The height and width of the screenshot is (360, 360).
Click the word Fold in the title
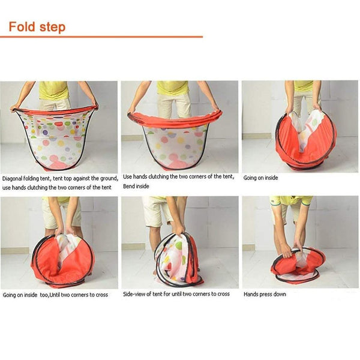tap(22, 26)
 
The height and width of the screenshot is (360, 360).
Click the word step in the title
tap(53, 28)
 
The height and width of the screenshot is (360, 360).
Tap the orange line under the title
tap(101, 37)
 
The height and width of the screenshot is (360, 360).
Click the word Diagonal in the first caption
tap(12, 178)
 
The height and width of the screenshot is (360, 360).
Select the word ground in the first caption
tap(109, 178)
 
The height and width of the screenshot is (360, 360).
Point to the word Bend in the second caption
tap(128, 186)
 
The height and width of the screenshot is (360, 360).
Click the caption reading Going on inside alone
tap(260, 178)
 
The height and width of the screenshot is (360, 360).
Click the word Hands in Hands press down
tap(250, 294)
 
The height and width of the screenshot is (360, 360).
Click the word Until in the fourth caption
tap(55, 295)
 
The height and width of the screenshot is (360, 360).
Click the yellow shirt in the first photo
tap(54, 90)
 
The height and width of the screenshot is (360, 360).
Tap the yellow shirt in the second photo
tap(172, 88)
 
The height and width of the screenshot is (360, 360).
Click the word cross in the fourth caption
tap(101, 295)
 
